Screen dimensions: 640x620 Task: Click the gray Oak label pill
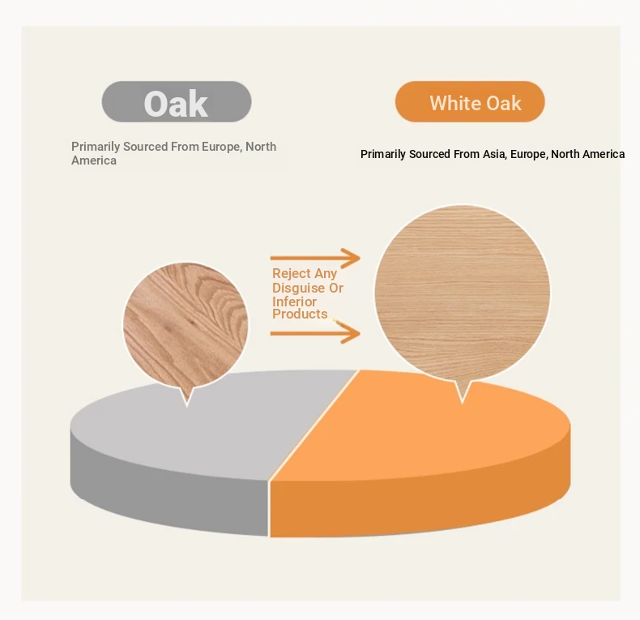tap(177, 101)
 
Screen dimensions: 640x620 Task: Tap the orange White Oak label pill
tap(470, 101)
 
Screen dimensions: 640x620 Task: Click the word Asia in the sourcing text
tap(494, 154)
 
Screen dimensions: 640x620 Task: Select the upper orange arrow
tap(315, 258)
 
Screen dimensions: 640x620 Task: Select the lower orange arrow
tap(315, 333)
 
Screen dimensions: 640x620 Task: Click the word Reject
tap(292, 274)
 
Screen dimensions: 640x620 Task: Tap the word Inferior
tap(294, 301)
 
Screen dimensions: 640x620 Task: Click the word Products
tap(300, 314)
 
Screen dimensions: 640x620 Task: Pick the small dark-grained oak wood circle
tap(186, 326)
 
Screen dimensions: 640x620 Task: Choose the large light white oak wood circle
tap(463, 293)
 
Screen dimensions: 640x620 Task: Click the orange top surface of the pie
tap(425, 429)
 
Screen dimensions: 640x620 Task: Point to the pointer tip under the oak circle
tap(187, 407)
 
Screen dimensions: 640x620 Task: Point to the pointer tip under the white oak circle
tap(463, 404)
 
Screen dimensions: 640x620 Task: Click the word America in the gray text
tap(94, 160)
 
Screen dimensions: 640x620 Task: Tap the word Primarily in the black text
tap(383, 154)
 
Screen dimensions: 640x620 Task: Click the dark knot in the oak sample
tap(192, 323)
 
